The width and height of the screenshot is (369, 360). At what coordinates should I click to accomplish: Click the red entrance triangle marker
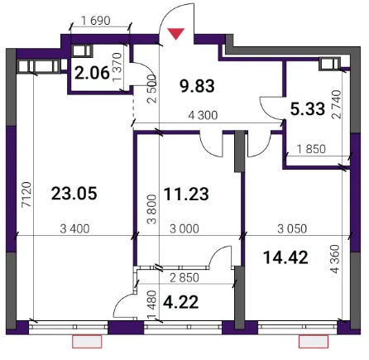(176, 33)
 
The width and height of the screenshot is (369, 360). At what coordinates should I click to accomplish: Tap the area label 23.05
(74, 193)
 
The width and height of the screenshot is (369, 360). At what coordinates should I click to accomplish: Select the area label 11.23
(186, 194)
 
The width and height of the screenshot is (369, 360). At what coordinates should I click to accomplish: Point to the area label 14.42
(285, 257)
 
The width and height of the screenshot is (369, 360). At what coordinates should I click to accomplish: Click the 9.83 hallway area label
(197, 86)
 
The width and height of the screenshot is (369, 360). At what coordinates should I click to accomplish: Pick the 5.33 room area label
(308, 108)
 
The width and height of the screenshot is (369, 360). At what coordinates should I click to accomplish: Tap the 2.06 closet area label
(92, 74)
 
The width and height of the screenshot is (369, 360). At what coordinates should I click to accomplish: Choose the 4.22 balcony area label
(181, 302)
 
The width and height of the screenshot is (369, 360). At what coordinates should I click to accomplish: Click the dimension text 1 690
(96, 21)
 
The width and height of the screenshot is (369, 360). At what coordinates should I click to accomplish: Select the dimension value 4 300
(203, 115)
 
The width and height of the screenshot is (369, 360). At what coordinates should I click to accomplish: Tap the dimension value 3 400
(74, 229)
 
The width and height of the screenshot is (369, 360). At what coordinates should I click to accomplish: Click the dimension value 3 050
(292, 229)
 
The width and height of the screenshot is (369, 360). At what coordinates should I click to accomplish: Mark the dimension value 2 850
(184, 278)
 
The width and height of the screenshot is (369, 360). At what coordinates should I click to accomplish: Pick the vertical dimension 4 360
(335, 259)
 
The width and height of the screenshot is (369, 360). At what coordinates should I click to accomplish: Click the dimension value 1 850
(311, 149)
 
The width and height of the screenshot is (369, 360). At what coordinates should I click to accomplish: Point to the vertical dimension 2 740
(337, 104)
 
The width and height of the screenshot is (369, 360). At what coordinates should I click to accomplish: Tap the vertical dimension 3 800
(152, 209)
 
